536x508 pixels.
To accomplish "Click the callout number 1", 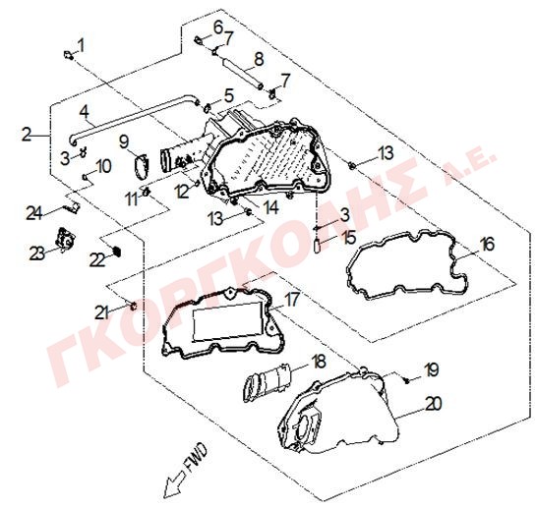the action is coord(81,45).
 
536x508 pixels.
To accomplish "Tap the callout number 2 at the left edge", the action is coord(27,135).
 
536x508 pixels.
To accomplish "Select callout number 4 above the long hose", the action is coord(85,112).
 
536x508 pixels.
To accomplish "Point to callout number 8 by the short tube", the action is coord(259,59).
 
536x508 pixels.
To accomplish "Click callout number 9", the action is coord(125,141).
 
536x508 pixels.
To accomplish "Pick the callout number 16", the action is coord(487,245).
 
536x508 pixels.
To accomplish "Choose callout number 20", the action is coord(434,404).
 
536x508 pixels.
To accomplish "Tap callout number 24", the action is coord(34,214).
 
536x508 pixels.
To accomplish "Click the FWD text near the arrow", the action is coord(196,453).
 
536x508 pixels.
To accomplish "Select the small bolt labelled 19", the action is coord(407,381).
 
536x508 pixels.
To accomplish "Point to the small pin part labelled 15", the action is coord(318,245).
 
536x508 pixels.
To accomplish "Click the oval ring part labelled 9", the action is coord(142,166).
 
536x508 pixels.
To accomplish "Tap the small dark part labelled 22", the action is coord(117,252).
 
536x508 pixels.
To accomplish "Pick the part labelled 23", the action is coord(65,239).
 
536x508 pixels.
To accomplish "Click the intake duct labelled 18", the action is coord(268,382).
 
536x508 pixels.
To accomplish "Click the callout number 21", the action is coord(101,312).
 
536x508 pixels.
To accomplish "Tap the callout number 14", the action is coord(270,207).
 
